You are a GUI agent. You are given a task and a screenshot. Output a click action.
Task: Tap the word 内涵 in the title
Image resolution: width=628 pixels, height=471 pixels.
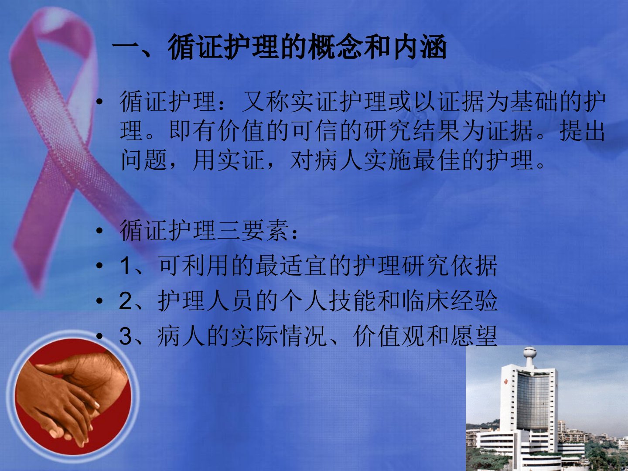pyautogui.click(x=420, y=47)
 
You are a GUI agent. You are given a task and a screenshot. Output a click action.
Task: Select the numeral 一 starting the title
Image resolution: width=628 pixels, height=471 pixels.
pyautogui.click(x=125, y=47)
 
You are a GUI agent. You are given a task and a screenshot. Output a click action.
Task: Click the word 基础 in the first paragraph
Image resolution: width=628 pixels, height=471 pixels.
pyautogui.click(x=534, y=102)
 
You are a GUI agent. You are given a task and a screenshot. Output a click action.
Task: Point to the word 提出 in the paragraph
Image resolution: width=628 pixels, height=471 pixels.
pyautogui.click(x=582, y=131)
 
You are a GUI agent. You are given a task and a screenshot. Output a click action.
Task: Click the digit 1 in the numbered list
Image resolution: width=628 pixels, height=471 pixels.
pyautogui.click(x=125, y=266)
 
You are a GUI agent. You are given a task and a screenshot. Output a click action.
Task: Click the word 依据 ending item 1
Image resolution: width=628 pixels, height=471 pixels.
pyautogui.click(x=474, y=266)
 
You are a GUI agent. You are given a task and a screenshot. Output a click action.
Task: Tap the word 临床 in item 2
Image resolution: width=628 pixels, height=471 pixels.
pyautogui.click(x=425, y=301)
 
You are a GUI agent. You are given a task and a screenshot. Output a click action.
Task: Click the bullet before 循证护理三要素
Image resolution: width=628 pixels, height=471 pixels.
pyautogui.click(x=99, y=231)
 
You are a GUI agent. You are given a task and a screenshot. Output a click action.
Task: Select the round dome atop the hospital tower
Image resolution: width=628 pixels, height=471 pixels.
pyautogui.click(x=530, y=352)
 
